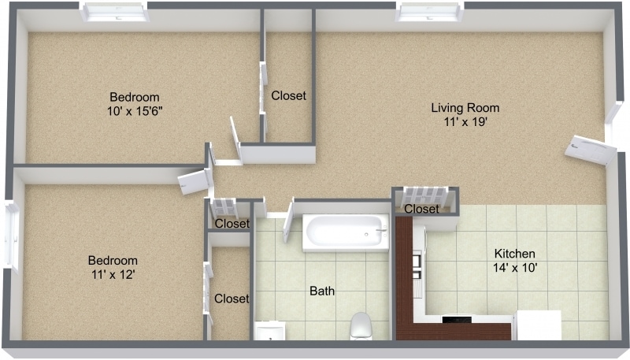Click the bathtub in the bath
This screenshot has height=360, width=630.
pyautogui.click(x=346, y=233)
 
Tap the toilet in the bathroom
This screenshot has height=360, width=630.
pyautogui.click(x=360, y=325)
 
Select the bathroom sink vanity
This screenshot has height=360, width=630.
pyautogui.click(x=269, y=332)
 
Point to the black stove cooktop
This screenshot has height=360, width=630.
pyautogui.click(x=457, y=320)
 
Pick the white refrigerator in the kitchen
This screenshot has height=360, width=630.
pyautogui.click(x=538, y=325)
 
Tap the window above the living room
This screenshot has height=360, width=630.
pyautogui.click(x=429, y=13)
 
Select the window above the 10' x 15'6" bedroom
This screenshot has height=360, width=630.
pyautogui.click(x=115, y=13)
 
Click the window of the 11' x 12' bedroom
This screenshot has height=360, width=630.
pyautogui.click(x=11, y=236)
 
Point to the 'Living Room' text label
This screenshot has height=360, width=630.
pyautogui.click(x=465, y=108)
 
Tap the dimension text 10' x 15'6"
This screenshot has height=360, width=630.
pyautogui.click(x=135, y=111)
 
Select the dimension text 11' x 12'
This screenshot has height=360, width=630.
pyautogui.click(x=113, y=274)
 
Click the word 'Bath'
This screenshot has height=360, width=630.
pyautogui.click(x=321, y=291)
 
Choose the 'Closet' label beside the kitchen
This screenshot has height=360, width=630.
pyautogui.click(x=421, y=210)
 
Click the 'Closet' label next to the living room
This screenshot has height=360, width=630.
pyautogui.click(x=288, y=96)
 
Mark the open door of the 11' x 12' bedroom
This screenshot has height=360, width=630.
pyautogui.click(x=194, y=182)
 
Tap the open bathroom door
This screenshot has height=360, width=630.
pyautogui.click(x=287, y=217)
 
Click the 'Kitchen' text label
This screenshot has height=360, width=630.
pyautogui.click(x=514, y=254)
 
